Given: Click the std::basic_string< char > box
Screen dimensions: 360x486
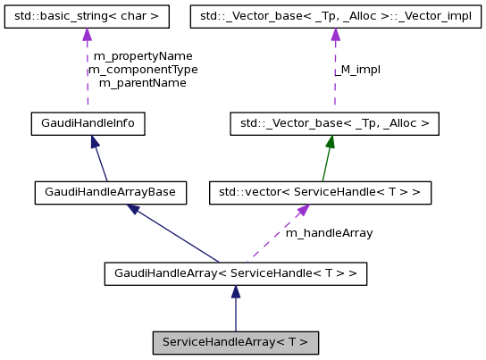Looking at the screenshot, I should [87, 16].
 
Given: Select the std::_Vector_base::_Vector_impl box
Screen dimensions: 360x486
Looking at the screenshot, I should [336, 16].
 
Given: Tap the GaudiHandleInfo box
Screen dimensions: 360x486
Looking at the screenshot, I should [88, 123].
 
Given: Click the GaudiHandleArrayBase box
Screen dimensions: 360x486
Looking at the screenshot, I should [111, 192].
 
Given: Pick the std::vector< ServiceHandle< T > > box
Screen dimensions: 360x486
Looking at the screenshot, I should [320, 192].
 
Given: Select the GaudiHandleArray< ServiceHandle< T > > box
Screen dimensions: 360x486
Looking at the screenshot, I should [235, 272].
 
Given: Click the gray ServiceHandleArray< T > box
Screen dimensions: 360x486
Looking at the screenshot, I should [235, 342].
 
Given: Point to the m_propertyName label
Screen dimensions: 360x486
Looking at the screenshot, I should [143, 55].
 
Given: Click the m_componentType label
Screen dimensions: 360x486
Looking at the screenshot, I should [143, 69].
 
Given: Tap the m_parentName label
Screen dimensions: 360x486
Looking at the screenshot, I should [143, 82].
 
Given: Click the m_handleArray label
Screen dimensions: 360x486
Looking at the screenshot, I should [329, 232].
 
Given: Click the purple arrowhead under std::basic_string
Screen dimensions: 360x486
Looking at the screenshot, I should [87, 35].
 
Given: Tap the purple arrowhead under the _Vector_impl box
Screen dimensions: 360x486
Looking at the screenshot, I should [336, 35].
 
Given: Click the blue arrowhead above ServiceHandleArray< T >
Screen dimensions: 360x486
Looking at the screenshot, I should [235, 292].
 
